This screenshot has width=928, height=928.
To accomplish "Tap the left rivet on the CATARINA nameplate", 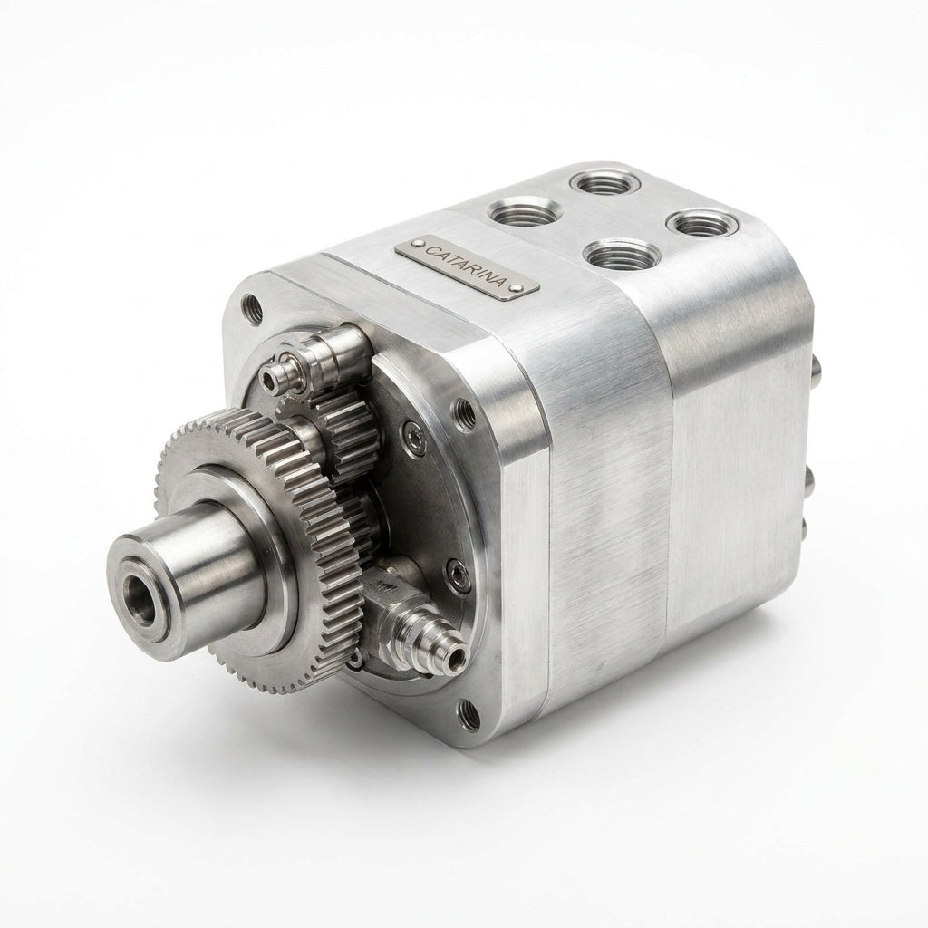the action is click(x=420, y=244).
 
